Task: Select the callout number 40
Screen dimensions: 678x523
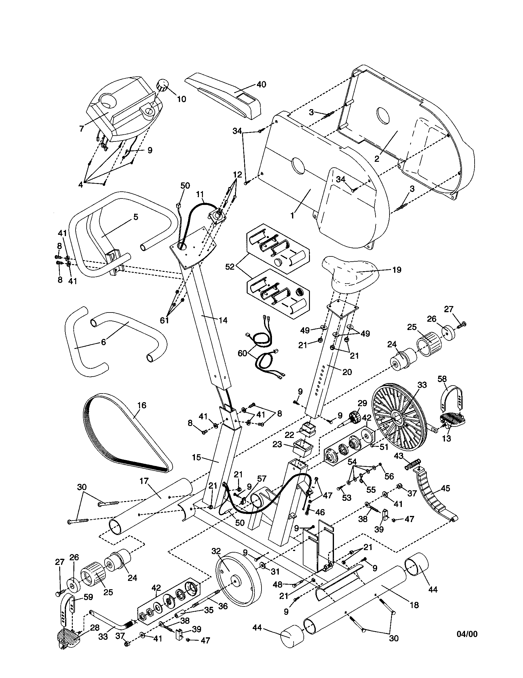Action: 261,84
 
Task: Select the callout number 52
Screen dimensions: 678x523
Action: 230,267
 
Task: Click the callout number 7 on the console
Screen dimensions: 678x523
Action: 82,128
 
